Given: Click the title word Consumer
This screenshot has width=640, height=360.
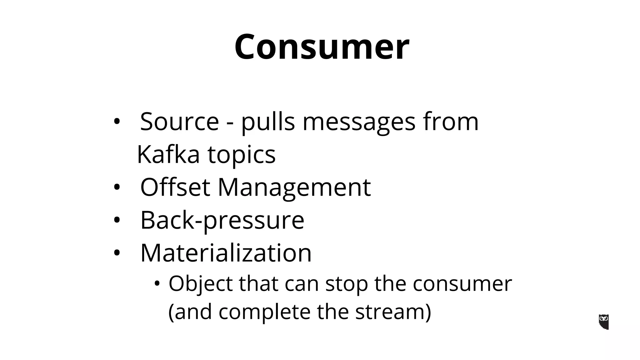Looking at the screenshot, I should click(x=322, y=47).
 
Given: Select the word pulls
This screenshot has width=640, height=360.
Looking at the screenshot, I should click(x=268, y=122).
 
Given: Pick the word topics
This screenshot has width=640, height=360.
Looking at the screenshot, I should click(x=242, y=155).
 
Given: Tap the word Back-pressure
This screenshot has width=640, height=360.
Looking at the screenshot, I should click(x=222, y=220).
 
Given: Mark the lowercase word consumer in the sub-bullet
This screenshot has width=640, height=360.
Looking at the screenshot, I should click(x=462, y=284).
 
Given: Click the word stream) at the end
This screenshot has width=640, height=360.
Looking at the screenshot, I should click(x=393, y=312).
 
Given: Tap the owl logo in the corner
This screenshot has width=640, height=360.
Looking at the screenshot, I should click(x=604, y=322).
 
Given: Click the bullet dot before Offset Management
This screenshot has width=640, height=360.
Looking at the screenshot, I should click(x=117, y=187).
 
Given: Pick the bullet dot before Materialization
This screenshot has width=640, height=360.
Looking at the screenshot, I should click(x=117, y=253).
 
